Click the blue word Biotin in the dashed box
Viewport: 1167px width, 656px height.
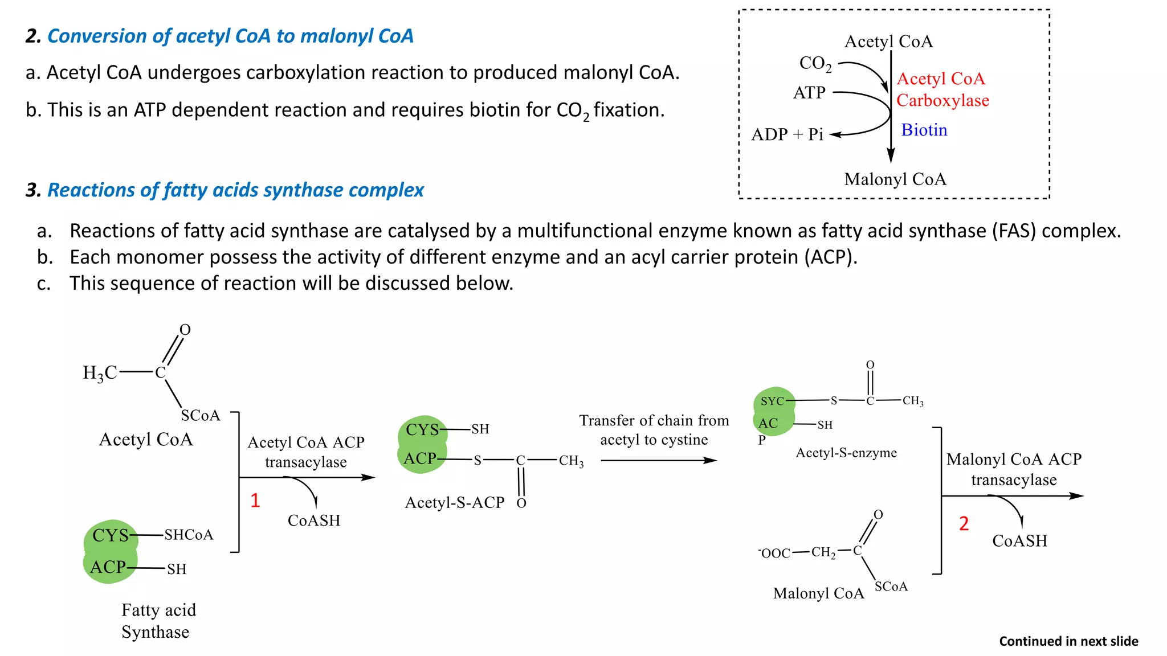pyautogui.click(x=924, y=130)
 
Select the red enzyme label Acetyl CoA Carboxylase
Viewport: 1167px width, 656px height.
pyautogui.click(x=942, y=89)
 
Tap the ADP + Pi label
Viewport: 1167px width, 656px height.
pyautogui.click(x=787, y=134)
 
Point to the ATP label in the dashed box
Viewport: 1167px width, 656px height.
pyautogui.click(x=809, y=92)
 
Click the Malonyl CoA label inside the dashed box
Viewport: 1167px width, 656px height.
pyautogui.click(x=895, y=179)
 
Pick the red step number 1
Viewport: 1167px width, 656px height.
pyautogui.click(x=255, y=501)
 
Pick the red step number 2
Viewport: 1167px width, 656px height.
pyautogui.click(x=964, y=523)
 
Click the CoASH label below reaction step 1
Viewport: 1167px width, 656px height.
pyautogui.click(x=313, y=520)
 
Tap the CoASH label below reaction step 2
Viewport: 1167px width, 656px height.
pyautogui.click(x=1019, y=541)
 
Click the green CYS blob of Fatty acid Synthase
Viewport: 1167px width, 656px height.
pyautogui.click(x=111, y=535)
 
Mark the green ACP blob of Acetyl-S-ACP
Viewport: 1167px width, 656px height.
pyautogui.click(x=420, y=458)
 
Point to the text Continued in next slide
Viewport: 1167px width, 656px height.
pyautogui.click(x=1068, y=641)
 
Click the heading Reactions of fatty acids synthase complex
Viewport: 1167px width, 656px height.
pyautogui.click(x=235, y=190)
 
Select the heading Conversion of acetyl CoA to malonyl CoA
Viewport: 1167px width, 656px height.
pyautogui.click(x=230, y=36)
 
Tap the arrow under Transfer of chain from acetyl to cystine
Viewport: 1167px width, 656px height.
pyautogui.click(x=658, y=460)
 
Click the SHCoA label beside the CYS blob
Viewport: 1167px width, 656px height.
pyautogui.click(x=189, y=535)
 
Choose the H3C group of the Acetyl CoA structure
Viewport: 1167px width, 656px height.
pyautogui.click(x=100, y=373)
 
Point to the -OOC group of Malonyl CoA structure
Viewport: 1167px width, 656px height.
pyautogui.click(x=774, y=553)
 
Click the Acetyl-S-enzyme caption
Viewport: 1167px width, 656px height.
pyautogui.click(x=846, y=453)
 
